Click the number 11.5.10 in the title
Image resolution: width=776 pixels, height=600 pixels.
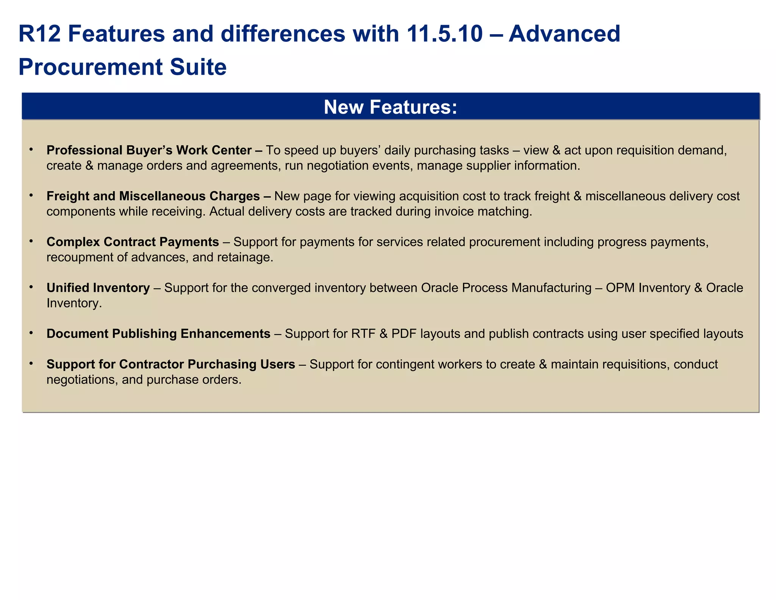coord(445,34)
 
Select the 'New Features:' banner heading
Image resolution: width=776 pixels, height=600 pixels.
coord(390,107)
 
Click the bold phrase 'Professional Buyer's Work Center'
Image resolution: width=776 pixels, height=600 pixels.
coord(149,151)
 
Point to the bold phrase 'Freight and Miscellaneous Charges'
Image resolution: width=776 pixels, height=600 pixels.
coord(153,196)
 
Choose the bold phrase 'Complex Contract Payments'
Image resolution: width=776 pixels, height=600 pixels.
coord(133,242)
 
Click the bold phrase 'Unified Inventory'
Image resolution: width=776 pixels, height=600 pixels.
coord(98,288)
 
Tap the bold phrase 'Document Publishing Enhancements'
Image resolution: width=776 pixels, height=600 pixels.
coord(158,334)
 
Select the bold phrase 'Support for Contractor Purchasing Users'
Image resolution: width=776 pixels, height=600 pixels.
coord(171,364)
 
